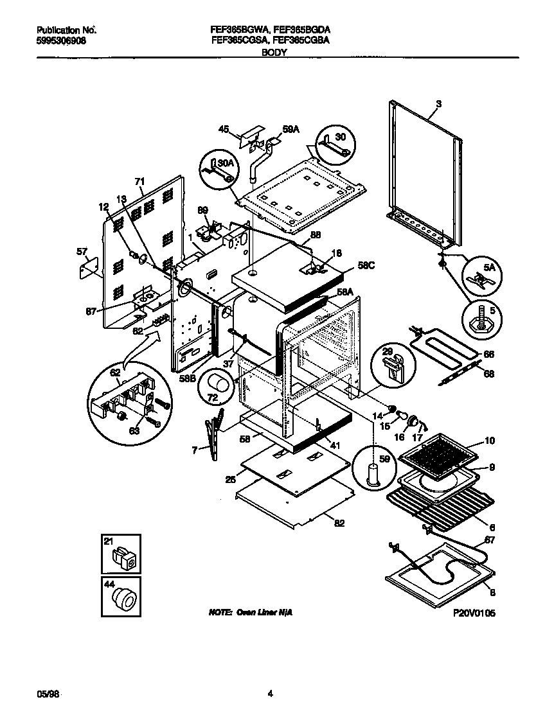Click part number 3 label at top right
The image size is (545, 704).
tap(438, 103)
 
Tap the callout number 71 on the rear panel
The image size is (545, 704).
tap(139, 182)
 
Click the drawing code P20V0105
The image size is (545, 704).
tap(474, 613)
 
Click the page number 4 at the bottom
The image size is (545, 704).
tap(271, 693)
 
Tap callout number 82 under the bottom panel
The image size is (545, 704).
tap(339, 524)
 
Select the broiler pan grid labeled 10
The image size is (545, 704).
tap(440, 458)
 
